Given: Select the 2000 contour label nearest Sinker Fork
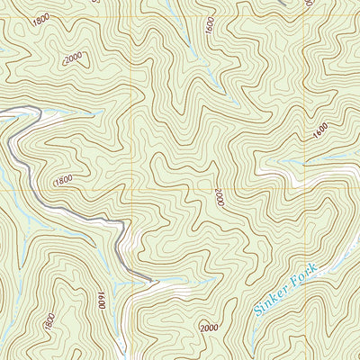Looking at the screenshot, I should click(x=209, y=328).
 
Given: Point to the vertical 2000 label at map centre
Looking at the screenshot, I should click(x=218, y=197).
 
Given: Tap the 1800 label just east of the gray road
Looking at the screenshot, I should click(x=63, y=180).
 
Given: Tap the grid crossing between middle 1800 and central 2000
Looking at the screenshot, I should click(x=133, y=190).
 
